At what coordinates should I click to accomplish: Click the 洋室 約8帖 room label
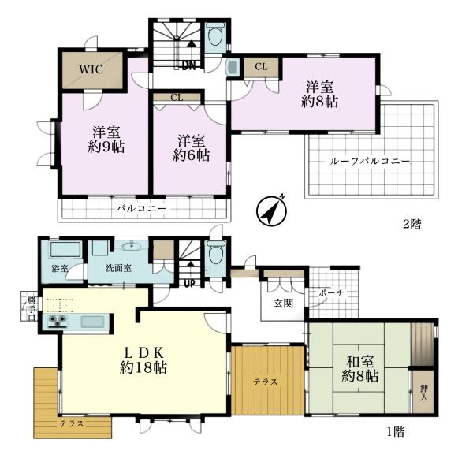(321, 94)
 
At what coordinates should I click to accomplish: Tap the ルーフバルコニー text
(371, 161)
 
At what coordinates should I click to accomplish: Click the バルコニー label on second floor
(141, 209)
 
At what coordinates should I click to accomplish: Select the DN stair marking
(188, 65)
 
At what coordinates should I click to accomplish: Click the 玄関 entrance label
(283, 303)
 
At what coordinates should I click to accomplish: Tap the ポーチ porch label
(331, 292)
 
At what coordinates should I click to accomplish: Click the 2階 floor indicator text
(412, 225)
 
